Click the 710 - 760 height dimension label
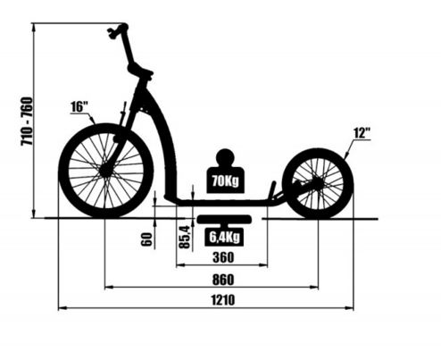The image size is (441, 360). [x=27, y=121]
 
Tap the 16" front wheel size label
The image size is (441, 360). [x=79, y=107]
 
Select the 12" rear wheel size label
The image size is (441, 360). [x=362, y=133]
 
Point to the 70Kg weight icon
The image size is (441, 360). [x=226, y=171]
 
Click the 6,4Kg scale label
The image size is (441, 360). [x=224, y=238]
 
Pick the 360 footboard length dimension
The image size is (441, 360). [x=223, y=257]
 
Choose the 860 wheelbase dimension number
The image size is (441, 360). [x=223, y=280]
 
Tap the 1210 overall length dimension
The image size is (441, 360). [x=223, y=300]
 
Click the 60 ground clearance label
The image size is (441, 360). [x=146, y=239]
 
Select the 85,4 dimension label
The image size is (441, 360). [x=185, y=237]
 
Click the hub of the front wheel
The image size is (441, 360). [x=105, y=171]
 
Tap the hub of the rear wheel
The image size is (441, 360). [x=318, y=184]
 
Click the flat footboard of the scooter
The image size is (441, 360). [x=223, y=203]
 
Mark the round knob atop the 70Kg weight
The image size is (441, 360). [x=225, y=157]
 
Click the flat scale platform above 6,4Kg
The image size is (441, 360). [x=224, y=219]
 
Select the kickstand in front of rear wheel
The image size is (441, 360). [x=272, y=190]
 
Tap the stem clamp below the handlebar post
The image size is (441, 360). [x=140, y=71]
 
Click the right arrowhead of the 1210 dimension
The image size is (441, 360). [x=350, y=308]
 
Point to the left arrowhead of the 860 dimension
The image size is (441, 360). [x=109, y=288]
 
